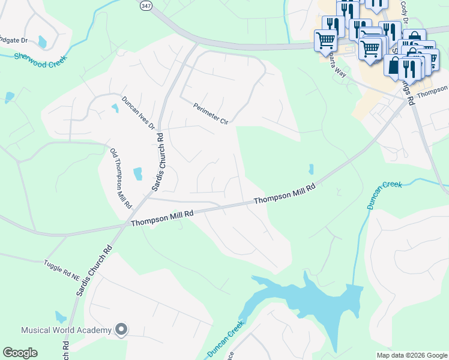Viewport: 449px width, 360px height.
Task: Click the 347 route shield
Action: click(146, 5)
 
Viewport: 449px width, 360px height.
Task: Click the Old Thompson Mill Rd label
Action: click(121, 178)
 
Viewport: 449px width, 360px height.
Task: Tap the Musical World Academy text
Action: click(66, 330)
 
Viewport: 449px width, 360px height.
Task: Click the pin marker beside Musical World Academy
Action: click(121, 329)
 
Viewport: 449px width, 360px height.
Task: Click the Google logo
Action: click(20, 353)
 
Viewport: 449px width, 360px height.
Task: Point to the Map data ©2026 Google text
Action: click(411, 355)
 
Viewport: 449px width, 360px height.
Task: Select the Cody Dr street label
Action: click(405, 12)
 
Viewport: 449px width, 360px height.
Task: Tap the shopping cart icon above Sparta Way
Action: click(325, 41)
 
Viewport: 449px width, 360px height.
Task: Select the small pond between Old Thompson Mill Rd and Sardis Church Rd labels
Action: click(138, 174)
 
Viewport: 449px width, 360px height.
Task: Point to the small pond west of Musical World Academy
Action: click(61, 317)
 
